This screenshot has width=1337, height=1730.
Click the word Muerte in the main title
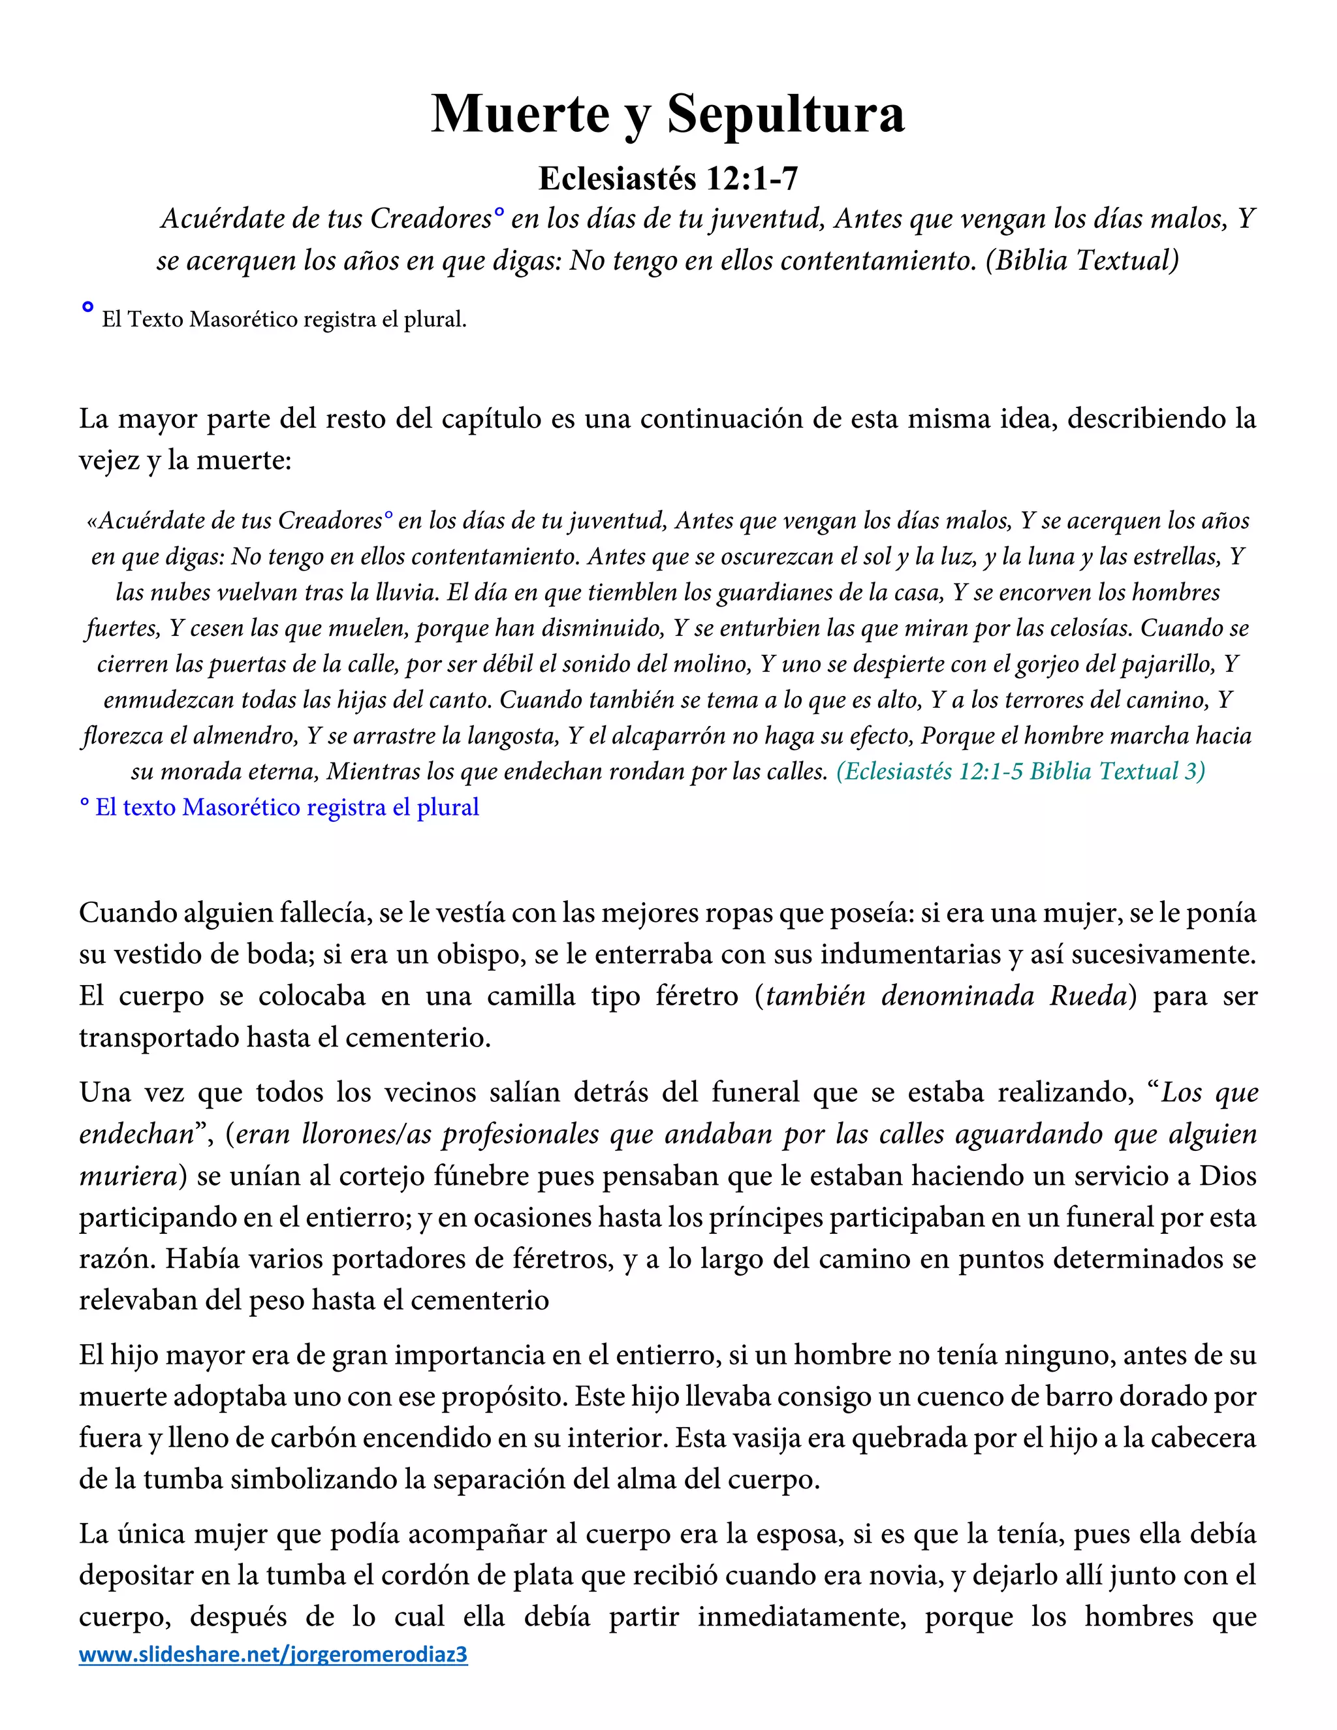coord(520,114)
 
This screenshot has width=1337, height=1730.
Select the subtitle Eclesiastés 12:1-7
coord(668,179)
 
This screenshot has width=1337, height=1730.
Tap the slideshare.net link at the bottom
coord(274,1654)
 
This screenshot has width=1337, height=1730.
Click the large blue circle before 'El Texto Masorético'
coord(88,307)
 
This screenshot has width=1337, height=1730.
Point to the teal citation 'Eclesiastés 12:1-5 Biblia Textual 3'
coord(1020,772)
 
